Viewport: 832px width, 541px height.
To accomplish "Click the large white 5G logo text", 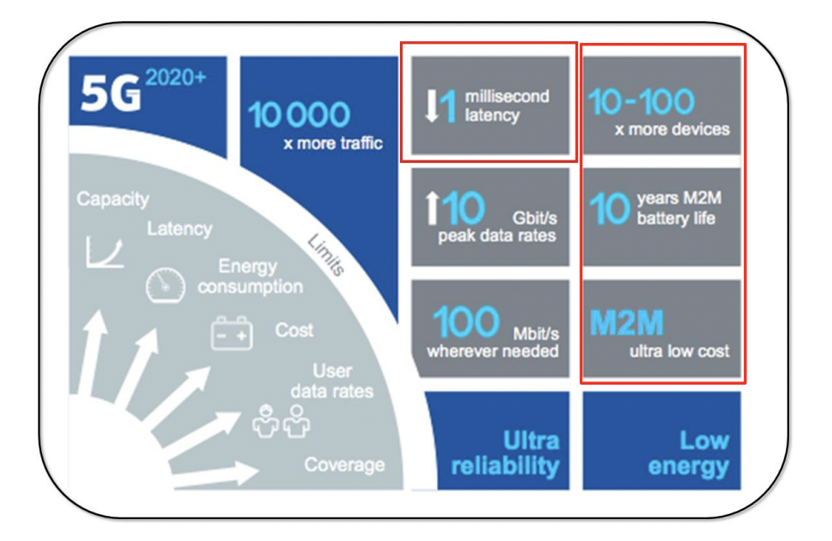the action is tap(111, 92).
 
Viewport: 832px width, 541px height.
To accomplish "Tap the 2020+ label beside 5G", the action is tap(175, 78).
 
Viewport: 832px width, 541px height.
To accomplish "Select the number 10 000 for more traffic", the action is tap(298, 114).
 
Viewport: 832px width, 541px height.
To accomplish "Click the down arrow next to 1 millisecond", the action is tap(432, 106).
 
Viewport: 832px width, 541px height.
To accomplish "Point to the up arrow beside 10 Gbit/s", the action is tap(433, 207).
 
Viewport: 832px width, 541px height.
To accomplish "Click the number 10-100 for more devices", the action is tap(641, 102).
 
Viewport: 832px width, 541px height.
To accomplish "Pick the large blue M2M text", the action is tap(627, 323).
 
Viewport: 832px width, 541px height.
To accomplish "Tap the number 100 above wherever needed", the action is tap(466, 322).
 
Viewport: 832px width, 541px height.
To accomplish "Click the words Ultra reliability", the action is tap(505, 454).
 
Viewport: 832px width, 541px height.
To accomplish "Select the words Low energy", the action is tap(689, 454).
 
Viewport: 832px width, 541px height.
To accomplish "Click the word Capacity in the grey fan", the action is tap(113, 199).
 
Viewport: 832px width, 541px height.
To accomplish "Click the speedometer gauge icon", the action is tap(166, 285).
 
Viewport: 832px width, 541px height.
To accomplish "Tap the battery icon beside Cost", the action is tap(232, 334).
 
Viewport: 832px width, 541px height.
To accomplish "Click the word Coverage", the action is tap(345, 465).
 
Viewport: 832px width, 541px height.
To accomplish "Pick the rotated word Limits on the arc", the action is tap(326, 255).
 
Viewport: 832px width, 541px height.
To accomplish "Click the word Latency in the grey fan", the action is tap(180, 228).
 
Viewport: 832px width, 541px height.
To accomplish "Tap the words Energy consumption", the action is tap(250, 276).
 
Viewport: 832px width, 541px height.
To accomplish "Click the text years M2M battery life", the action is tap(679, 207).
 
